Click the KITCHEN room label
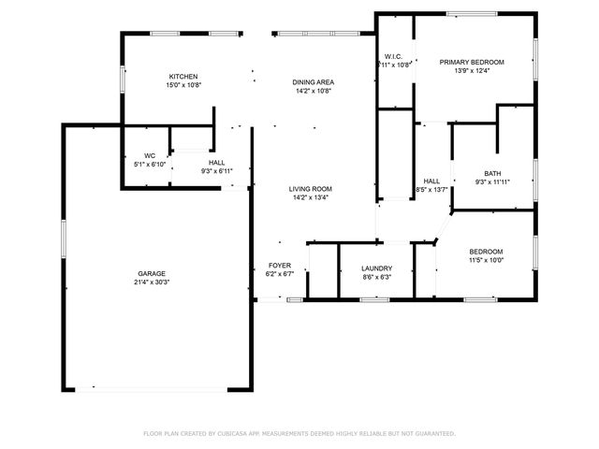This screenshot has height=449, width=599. [183, 77]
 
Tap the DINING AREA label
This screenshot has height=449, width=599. [314, 82]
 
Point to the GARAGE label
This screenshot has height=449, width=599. [151, 273]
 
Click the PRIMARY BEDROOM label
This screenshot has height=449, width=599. [472, 62]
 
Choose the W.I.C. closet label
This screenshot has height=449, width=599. [393, 56]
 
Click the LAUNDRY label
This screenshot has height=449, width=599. [376, 269]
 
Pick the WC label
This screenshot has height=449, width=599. [150, 155]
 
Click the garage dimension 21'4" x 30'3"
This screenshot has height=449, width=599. [151, 282]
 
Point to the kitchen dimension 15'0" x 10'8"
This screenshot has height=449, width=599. [183, 85]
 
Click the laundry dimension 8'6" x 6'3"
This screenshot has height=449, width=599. [376, 278]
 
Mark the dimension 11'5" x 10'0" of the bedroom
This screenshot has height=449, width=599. [486, 260]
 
